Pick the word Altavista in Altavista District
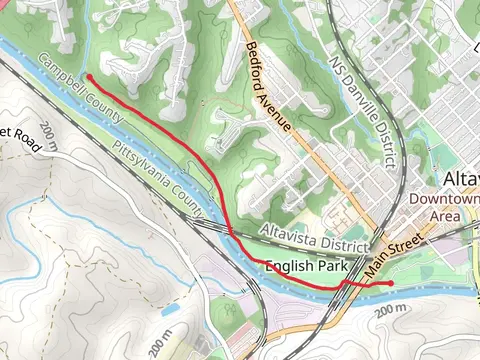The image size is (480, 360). pyautogui.click(x=286, y=232)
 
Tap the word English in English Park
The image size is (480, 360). pyautogui.click(x=290, y=267)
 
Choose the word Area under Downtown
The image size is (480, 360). pyautogui.click(x=445, y=215)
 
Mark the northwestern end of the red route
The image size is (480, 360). pyautogui.click(x=89, y=76)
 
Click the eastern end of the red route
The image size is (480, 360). pyautogui.click(x=390, y=284)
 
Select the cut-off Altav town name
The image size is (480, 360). pyautogui.click(x=459, y=179)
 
